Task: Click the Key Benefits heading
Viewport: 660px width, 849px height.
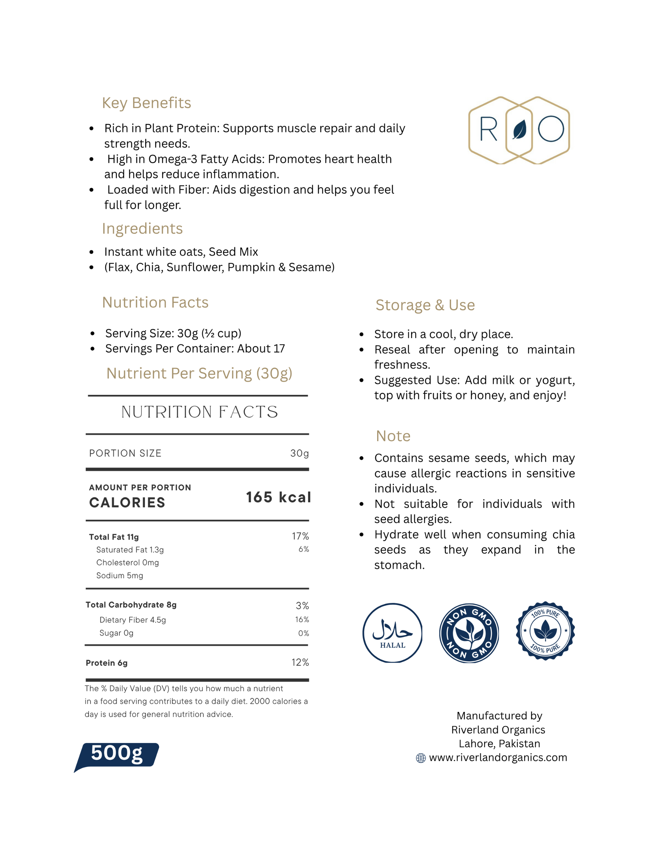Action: point(146,103)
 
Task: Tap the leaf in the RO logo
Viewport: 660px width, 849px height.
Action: point(519,129)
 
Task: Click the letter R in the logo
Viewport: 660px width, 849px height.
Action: point(488,129)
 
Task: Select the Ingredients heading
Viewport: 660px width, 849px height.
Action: point(142,229)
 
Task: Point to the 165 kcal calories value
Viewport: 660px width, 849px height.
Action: point(278,497)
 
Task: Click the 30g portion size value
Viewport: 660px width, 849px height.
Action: point(299,453)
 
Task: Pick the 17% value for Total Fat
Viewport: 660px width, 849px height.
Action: point(300,536)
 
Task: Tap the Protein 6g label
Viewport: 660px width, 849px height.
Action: point(106,663)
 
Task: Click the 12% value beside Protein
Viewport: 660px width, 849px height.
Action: point(300,662)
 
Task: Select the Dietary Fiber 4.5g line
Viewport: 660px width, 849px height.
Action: point(133,620)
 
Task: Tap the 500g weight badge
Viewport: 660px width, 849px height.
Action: point(117,755)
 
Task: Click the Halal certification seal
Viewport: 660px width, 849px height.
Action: point(392,633)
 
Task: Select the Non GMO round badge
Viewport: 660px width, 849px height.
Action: point(469,633)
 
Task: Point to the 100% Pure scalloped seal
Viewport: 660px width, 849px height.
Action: point(545,631)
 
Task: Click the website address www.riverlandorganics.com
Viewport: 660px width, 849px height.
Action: point(498,757)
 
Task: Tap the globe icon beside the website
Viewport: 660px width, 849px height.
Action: point(421,758)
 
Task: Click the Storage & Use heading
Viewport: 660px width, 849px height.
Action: point(425,305)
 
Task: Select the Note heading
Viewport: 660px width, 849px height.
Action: point(393,436)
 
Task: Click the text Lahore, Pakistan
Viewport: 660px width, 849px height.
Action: point(499,744)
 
